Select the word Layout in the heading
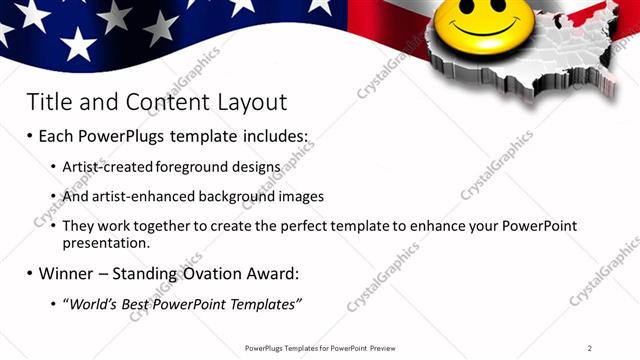tap(245, 102)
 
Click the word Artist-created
tap(105, 167)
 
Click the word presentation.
tap(105, 243)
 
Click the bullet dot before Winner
tap(29, 273)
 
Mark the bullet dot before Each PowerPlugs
tap(29, 136)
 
